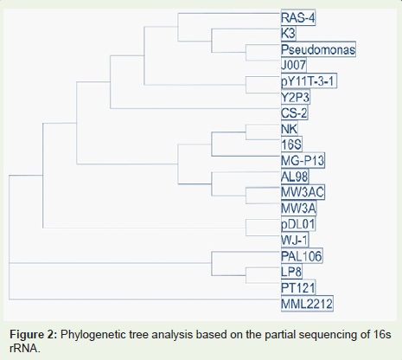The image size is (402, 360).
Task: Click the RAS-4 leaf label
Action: [x=298, y=18]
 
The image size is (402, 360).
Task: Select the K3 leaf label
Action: [x=288, y=34]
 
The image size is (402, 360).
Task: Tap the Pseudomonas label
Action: [x=318, y=49]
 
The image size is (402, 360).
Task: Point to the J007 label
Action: [x=293, y=65]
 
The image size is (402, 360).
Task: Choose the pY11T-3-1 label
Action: [x=309, y=81]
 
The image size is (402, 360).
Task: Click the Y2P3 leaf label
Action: [x=296, y=97]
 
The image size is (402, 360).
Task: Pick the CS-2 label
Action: [x=294, y=112]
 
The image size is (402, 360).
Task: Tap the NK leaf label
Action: [x=289, y=129]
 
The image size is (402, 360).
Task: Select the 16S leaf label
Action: [x=291, y=145]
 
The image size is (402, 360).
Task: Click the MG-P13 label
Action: [x=303, y=160]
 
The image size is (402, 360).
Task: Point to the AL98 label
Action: [x=295, y=177]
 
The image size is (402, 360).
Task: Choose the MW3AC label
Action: [x=303, y=192]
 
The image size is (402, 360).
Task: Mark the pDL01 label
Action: [x=298, y=224]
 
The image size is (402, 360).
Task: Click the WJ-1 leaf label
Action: [x=295, y=240]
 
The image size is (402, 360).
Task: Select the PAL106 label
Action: [x=302, y=255]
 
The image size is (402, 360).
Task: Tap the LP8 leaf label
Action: [x=291, y=272]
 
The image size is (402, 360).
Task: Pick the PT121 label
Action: [x=298, y=287]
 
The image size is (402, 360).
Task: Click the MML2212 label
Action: [x=307, y=304]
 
